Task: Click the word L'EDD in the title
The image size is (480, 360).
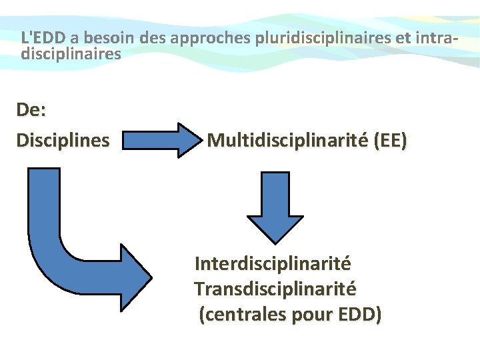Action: click(41, 38)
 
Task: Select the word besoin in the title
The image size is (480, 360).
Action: click(97, 38)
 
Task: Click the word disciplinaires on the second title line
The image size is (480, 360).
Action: click(71, 53)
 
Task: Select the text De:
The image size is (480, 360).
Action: click(31, 110)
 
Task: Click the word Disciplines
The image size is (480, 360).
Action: click(63, 141)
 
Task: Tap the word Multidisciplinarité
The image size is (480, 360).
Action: click(287, 141)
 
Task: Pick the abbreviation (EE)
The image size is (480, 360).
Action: click(390, 141)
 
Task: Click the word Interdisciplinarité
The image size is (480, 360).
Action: click(273, 264)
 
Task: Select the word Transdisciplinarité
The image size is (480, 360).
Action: click(275, 289)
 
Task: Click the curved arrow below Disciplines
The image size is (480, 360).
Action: click(53, 240)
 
